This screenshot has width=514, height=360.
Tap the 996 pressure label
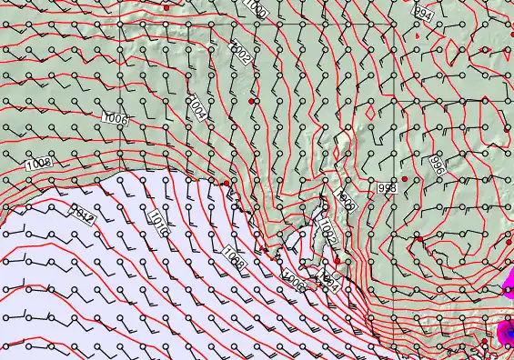point(436,165)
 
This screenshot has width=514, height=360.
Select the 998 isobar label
point(387,187)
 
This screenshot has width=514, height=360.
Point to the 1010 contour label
point(157,224)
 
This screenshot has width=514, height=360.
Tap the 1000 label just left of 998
point(345,200)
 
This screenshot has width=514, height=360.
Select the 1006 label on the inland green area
point(115,119)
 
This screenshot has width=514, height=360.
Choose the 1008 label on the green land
point(38,164)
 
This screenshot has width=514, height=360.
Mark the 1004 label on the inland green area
point(197,108)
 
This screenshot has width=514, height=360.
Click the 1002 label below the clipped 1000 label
point(240,55)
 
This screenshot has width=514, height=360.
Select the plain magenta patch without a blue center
point(509,290)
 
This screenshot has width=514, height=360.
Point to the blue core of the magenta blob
point(509,334)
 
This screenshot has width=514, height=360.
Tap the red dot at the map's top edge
point(166,7)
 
